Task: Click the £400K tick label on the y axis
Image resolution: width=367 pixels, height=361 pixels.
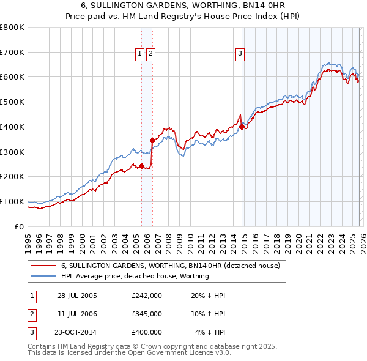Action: coord(12,127)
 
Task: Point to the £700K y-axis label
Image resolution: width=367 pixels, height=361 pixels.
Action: coord(12,53)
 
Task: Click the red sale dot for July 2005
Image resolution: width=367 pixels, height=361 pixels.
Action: coord(142,166)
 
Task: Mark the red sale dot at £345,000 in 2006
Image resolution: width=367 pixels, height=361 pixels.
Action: coord(152,140)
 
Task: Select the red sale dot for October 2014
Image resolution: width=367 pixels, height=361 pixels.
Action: coord(242,127)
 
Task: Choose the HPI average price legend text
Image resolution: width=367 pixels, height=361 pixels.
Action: coord(135,276)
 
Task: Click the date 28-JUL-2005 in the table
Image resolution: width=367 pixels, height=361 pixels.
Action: coord(77,296)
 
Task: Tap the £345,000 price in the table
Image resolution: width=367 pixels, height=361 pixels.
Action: coord(147,314)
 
